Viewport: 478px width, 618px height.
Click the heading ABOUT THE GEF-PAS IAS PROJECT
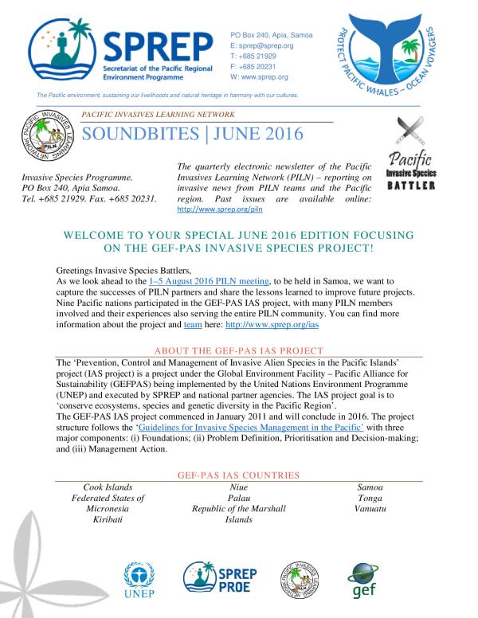pyautogui.click(x=239, y=350)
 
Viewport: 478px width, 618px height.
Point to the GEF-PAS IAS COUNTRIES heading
pyautogui.click(x=239, y=475)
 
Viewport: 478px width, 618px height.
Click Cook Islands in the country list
pyautogui.click(x=108, y=487)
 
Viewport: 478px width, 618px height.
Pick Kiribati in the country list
pyautogui.click(x=108, y=520)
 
